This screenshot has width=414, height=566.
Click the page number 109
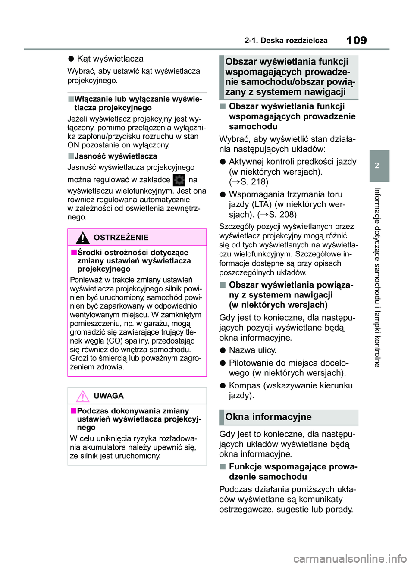[357, 40]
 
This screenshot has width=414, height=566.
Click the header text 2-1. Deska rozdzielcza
[286, 41]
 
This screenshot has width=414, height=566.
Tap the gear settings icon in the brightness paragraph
[179, 180]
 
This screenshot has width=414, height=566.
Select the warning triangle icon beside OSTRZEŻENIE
[82, 238]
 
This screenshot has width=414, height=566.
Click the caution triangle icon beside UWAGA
[82, 396]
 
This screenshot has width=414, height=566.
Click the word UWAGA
[109, 396]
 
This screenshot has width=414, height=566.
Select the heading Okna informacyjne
[268, 417]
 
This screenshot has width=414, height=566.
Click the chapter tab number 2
[376, 166]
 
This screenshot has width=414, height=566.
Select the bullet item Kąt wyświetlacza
[110, 59]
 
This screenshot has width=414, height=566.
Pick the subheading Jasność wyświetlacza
[116, 156]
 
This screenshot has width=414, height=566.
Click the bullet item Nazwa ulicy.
[252, 350]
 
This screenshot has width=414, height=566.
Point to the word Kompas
[245, 385]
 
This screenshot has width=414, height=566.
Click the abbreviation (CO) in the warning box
[114, 341]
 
